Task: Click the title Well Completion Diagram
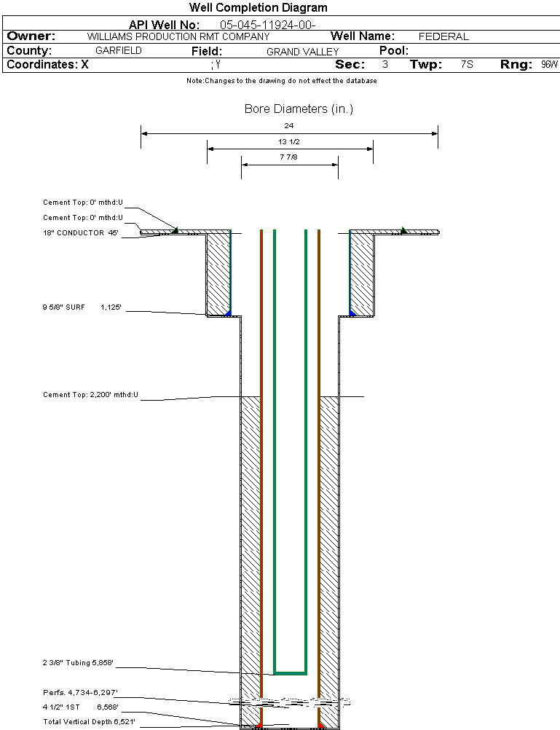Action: coord(258,8)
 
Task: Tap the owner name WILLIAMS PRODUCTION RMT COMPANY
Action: coord(178,36)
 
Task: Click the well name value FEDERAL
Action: coord(443,36)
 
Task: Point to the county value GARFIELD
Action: coord(119,51)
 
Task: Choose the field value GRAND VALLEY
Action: coord(302,52)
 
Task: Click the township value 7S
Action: coord(467,65)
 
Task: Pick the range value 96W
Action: coord(549,65)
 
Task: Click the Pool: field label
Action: coord(394,51)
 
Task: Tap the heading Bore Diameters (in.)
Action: coord(299,109)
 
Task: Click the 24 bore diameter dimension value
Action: coord(289,126)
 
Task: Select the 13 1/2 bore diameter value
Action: coord(289,141)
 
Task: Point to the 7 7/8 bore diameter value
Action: coord(289,157)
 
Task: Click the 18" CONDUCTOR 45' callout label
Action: coord(81,233)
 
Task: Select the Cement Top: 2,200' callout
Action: coord(91,395)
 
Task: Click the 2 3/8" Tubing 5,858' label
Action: coord(79,663)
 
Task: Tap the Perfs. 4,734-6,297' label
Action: coord(81,692)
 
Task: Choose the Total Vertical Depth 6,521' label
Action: coord(90,721)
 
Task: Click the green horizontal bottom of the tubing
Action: coord(290,672)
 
